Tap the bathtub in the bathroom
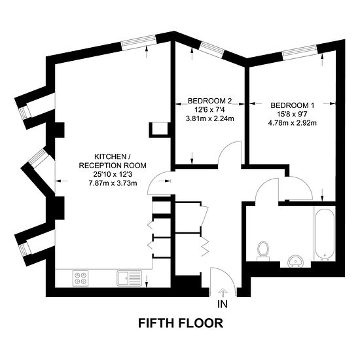[x=323, y=234]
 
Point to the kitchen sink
[x=126, y=278]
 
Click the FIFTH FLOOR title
[x=180, y=323]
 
